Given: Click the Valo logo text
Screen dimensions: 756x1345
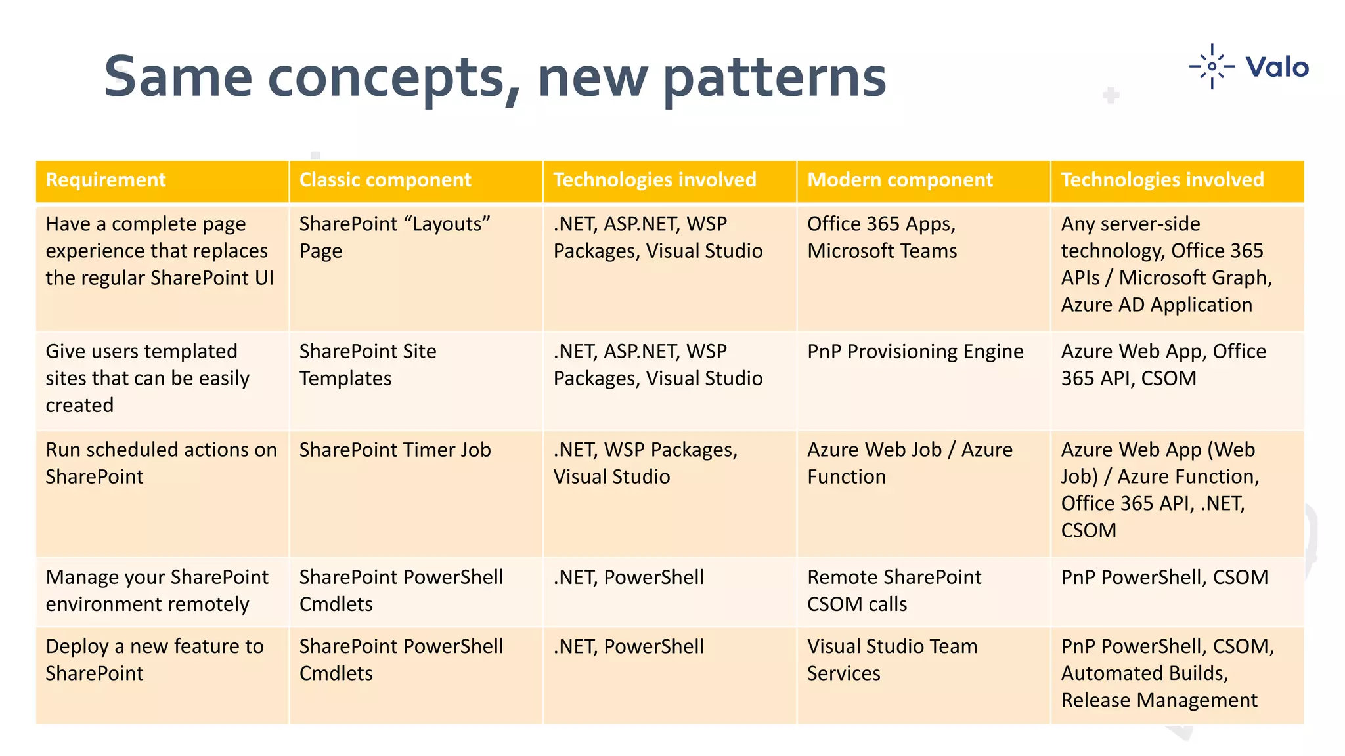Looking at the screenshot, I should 1277,67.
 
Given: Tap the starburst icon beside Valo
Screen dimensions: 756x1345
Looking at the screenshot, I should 1212,66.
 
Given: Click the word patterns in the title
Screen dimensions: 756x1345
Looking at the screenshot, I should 775,77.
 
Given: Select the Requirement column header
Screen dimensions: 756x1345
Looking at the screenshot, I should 106,180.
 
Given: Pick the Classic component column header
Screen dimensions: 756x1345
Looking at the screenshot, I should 385,180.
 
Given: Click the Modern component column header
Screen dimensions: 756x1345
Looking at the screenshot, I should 900,180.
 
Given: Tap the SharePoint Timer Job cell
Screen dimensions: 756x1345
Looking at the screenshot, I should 395,450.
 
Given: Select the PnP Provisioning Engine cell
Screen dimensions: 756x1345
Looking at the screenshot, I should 915,352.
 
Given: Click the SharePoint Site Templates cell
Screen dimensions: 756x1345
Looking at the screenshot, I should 368,365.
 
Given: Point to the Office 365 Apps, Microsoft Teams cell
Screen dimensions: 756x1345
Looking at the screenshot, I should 882,238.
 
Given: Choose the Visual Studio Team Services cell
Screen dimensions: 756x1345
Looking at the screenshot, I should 892,660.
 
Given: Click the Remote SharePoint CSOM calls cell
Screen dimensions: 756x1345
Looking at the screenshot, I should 894,591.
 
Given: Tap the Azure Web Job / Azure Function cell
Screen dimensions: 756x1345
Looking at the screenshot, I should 910,463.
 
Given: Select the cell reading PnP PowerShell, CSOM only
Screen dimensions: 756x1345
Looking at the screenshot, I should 1164,577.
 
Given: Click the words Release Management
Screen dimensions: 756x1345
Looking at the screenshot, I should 1159,700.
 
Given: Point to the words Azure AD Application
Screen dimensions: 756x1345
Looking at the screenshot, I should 1157,304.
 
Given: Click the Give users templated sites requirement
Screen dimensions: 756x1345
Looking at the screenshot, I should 147,378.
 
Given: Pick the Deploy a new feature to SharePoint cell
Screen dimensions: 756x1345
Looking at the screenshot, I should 154,660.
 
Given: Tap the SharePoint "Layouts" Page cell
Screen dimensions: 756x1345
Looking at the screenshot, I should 395,238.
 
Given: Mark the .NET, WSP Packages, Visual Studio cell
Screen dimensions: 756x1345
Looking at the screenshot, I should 645,463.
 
